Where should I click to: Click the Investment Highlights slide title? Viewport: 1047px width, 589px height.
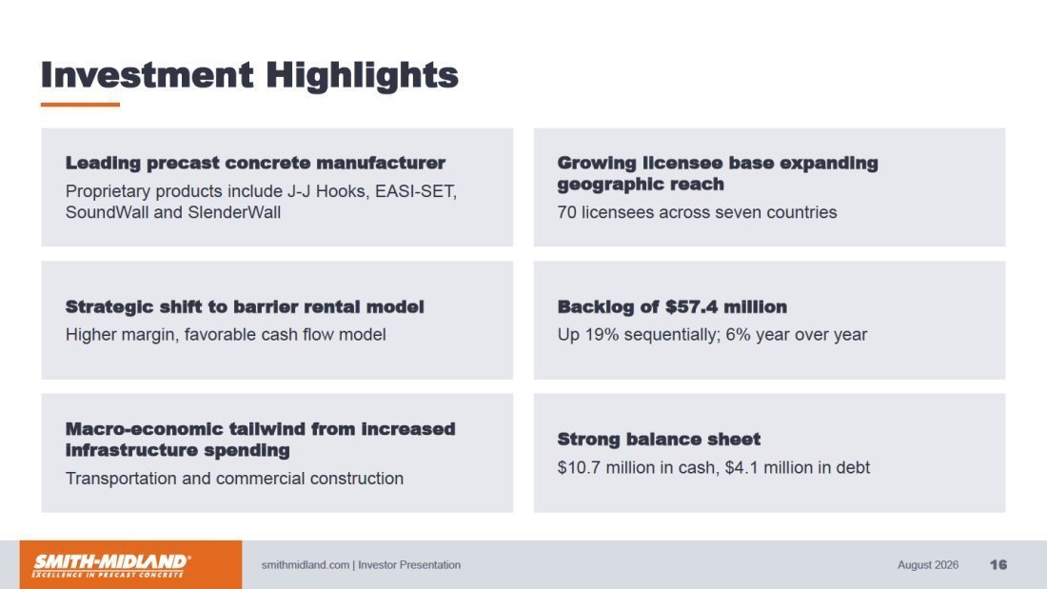pos(249,75)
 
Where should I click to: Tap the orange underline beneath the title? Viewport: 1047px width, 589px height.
pos(80,104)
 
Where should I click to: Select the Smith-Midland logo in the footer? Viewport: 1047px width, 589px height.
pos(111,565)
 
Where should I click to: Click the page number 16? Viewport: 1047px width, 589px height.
pos(998,565)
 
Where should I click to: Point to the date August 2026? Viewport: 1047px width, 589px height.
pos(927,565)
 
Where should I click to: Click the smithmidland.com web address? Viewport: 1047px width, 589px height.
pos(306,565)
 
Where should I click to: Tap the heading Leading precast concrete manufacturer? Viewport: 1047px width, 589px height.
pos(255,163)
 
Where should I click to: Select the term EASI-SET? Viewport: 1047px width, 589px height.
pos(415,191)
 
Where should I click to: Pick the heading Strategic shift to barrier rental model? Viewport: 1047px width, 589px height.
pos(245,307)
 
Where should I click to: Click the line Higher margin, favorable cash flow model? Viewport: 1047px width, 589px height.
pos(226,335)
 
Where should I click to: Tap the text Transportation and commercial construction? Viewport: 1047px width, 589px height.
pos(234,479)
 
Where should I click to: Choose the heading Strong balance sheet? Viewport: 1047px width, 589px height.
pos(659,440)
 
